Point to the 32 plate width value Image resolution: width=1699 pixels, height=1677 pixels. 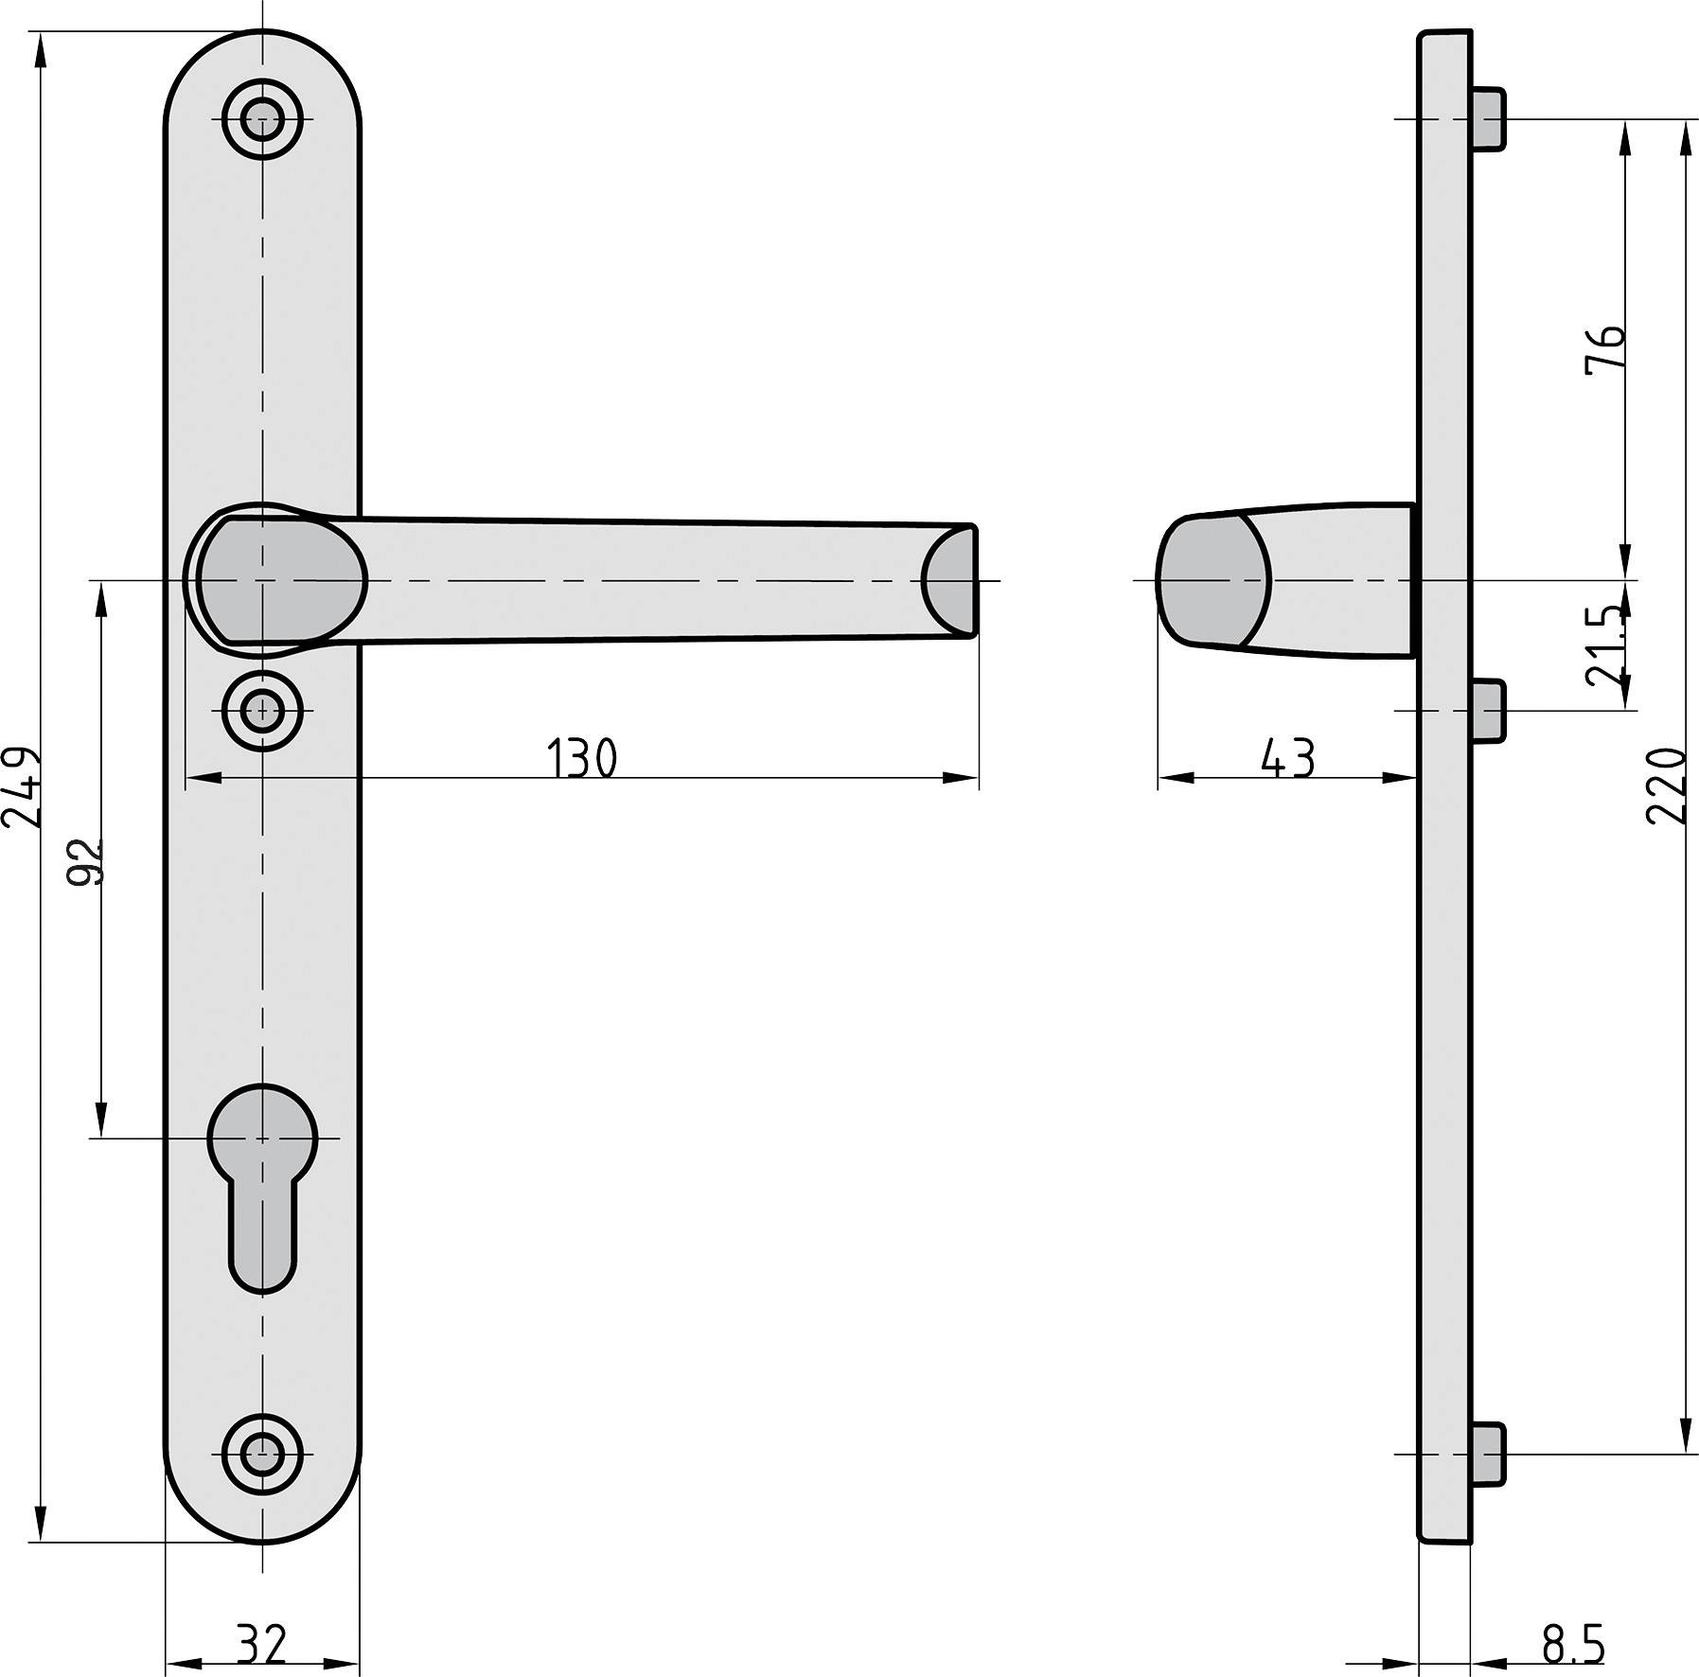262,1645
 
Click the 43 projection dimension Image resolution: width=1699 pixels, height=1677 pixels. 1288,759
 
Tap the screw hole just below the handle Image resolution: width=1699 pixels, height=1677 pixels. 262,710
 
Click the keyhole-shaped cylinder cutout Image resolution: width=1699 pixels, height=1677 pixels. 262,1183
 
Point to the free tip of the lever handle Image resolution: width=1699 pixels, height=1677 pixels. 951,579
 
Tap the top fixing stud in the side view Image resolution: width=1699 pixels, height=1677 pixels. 1489,119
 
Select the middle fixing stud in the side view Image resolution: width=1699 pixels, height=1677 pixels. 1488,710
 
